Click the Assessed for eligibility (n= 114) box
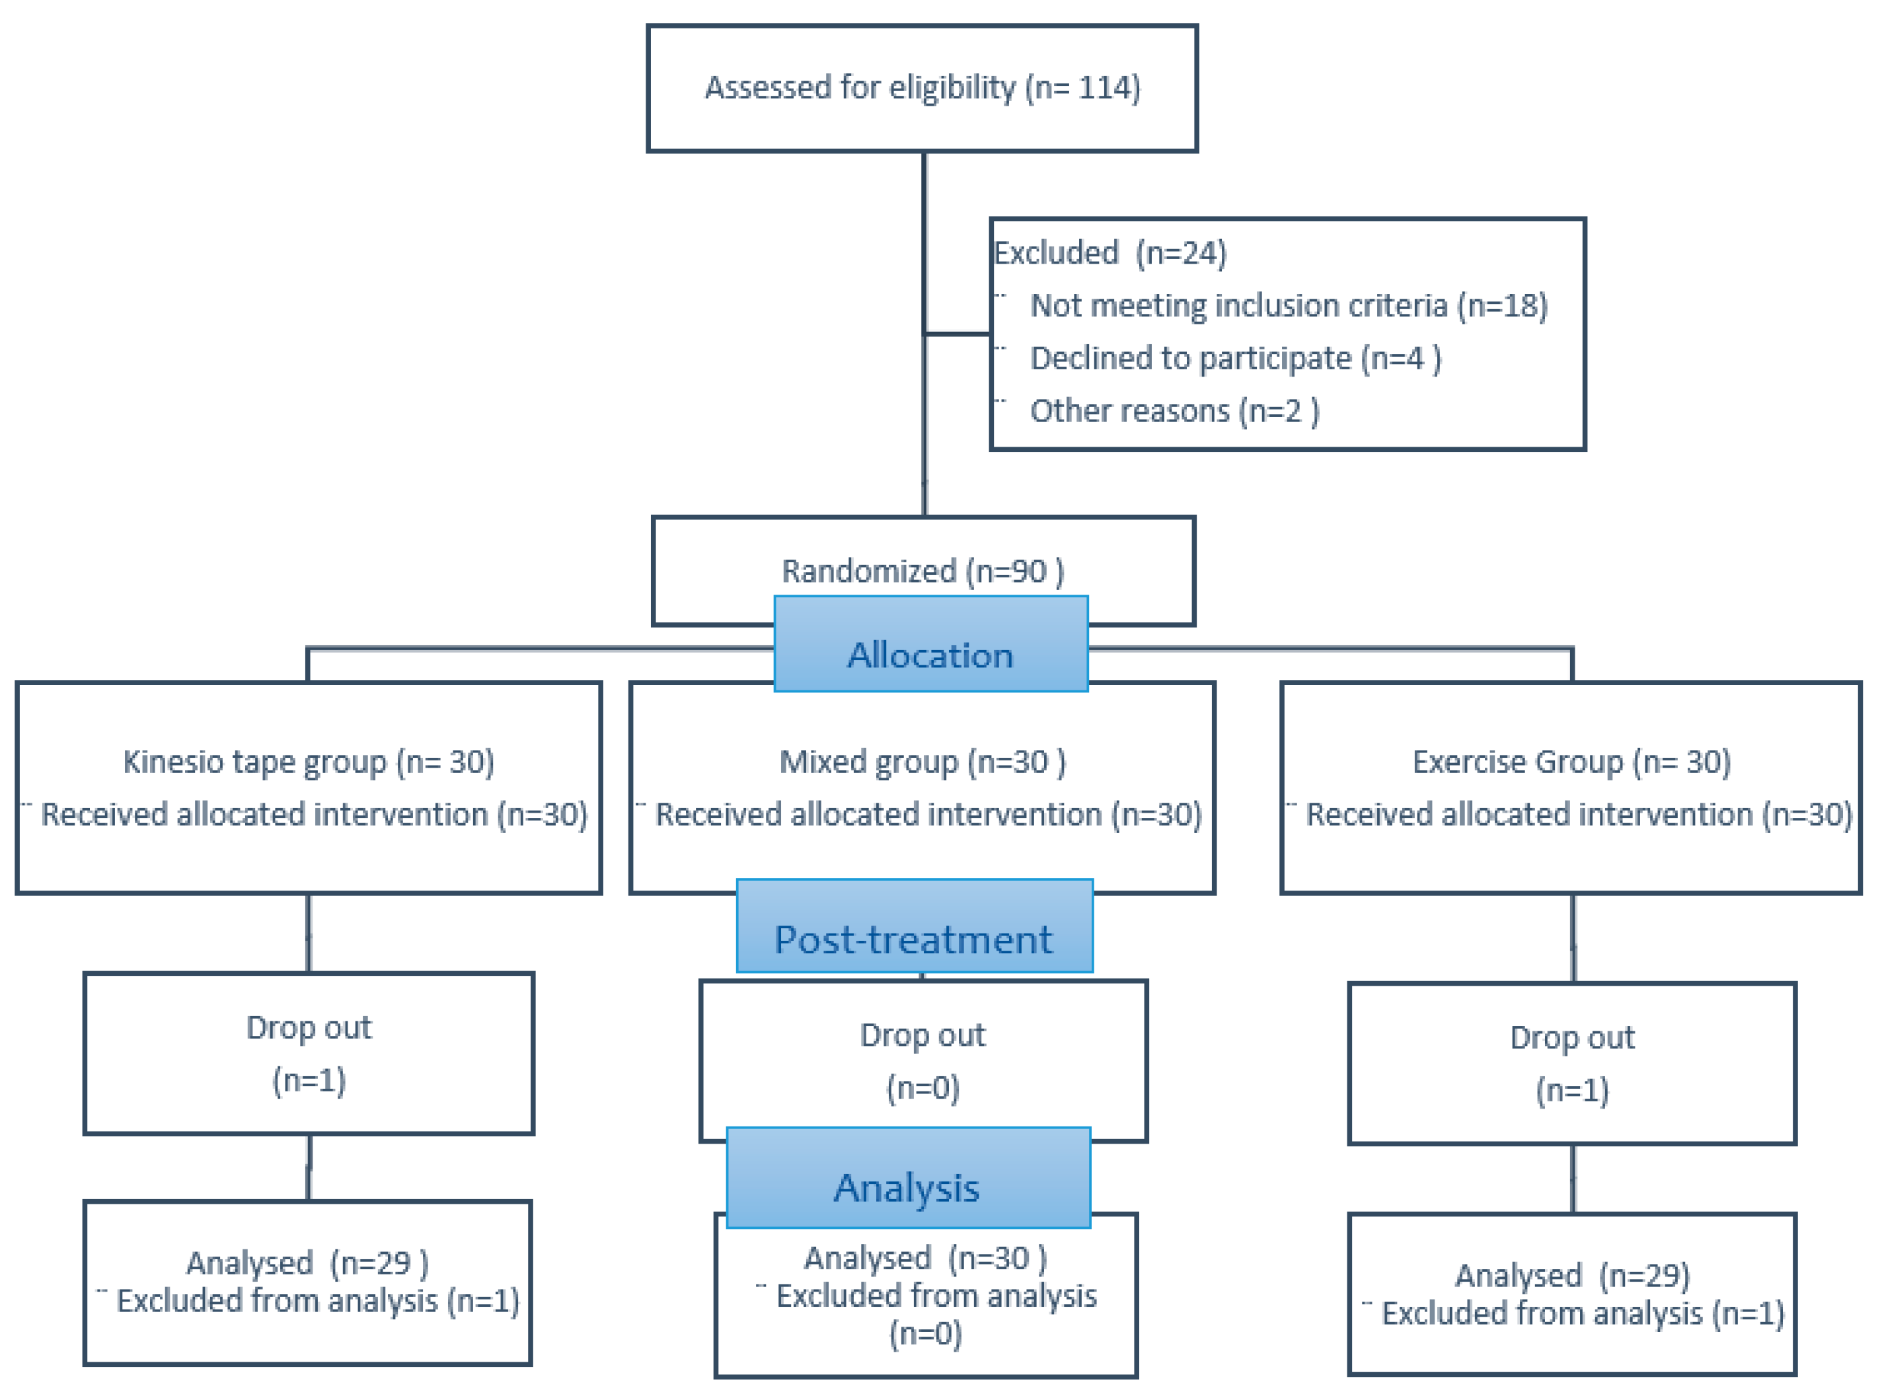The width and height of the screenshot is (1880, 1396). pyautogui.click(x=922, y=88)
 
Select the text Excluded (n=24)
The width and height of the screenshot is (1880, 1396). pyautogui.click(x=1109, y=252)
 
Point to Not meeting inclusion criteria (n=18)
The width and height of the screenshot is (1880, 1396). pyautogui.click(x=1289, y=305)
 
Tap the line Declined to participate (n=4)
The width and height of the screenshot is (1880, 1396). pyautogui.click(x=1235, y=358)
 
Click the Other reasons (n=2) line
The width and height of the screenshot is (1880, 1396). pyautogui.click(x=1174, y=411)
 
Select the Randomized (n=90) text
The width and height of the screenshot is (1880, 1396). pyautogui.click(x=922, y=571)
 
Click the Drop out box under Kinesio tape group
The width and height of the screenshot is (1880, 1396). pyautogui.click(x=309, y=1054)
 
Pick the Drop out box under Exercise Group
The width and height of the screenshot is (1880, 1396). pyautogui.click(x=1571, y=1063)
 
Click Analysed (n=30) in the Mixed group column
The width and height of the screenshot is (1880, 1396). pyautogui.click(x=924, y=1259)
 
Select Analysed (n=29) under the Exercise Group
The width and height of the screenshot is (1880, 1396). pyautogui.click(x=1571, y=1275)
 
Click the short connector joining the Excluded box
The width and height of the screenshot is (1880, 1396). pyautogui.click(x=958, y=334)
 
